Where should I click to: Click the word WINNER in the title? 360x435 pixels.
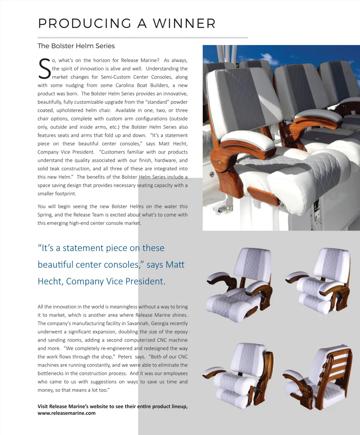[184, 23]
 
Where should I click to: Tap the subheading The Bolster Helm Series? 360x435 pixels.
[76, 46]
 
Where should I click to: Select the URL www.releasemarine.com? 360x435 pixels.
[67, 413]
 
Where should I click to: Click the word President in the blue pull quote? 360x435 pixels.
[145, 281]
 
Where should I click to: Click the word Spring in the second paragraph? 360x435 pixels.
[45, 215]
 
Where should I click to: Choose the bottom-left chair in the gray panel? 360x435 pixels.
[238, 376]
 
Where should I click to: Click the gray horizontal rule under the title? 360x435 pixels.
[142, 38]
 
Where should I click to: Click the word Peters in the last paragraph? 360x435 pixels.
[125, 357]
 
